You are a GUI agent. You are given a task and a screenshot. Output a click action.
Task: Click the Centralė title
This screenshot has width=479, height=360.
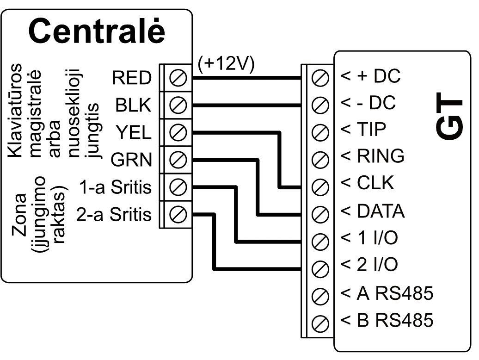point(97,31)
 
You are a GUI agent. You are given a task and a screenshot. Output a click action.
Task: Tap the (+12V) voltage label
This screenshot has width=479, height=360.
point(226,64)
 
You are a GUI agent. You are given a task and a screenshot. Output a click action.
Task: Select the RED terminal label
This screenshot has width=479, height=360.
point(132,79)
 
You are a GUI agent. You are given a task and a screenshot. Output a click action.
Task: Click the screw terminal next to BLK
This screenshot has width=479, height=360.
point(178,106)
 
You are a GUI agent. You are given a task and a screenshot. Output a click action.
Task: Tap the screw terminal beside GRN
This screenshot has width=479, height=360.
point(178,160)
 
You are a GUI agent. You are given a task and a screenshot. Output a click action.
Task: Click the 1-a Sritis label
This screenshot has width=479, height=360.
point(116,188)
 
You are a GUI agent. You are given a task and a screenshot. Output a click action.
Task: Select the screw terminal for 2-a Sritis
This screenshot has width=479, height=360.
point(178,214)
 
